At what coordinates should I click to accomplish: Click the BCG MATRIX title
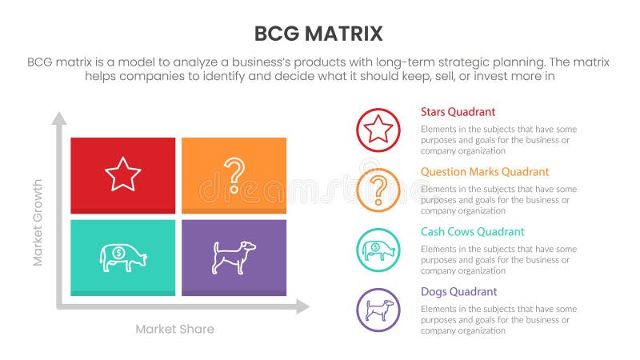(x=318, y=34)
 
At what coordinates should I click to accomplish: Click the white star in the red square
(x=122, y=174)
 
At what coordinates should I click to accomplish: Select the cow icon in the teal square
(x=122, y=257)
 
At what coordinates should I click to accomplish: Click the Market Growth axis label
(x=37, y=222)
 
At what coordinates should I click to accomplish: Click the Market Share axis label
(x=174, y=329)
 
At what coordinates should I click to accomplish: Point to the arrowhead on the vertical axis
(x=59, y=118)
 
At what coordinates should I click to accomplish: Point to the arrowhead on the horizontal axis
(x=302, y=306)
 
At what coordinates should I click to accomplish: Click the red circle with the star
(x=378, y=130)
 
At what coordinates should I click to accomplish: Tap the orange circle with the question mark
(x=378, y=190)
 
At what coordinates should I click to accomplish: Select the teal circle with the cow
(x=378, y=250)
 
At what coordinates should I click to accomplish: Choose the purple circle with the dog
(x=378, y=310)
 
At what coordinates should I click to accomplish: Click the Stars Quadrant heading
(x=458, y=112)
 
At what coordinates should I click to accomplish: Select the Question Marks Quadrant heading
(x=484, y=172)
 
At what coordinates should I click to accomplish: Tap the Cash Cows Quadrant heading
(x=472, y=232)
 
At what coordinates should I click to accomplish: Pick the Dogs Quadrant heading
(x=458, y=292)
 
